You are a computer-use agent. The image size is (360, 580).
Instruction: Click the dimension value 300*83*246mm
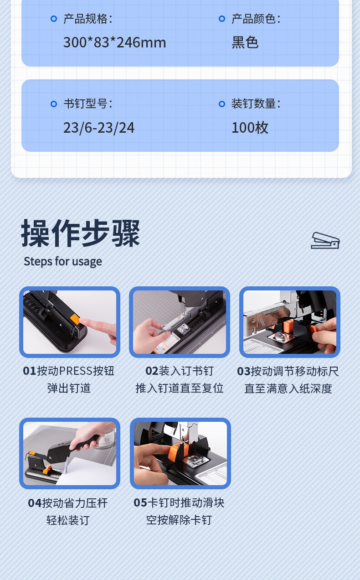tap(115, 42)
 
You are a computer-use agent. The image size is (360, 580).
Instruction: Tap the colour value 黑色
tap(245, 42)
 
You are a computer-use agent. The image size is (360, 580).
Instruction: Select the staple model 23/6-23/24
tap(99, 128)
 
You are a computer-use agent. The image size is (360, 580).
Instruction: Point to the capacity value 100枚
tap(250, 128)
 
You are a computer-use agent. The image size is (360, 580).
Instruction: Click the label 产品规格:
tap(88, 19)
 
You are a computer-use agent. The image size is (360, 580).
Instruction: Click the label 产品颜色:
tap(256, 19)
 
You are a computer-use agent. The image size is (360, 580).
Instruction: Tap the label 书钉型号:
tap(88, 104)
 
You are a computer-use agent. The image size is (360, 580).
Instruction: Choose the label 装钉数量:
tap(256, 104)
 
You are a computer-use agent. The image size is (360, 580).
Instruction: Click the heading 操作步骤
tap(81, 233)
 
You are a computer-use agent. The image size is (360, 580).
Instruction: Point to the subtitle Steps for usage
tap(63, 262)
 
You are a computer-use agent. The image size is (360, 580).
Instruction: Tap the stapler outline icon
tap(325, 241)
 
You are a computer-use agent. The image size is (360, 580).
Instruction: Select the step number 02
tap(152, 371)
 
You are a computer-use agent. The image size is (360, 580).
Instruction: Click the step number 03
tap(244, 371)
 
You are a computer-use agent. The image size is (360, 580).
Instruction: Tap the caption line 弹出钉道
tap(69, 388)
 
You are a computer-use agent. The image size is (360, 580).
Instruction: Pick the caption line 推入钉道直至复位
tap(180, 388)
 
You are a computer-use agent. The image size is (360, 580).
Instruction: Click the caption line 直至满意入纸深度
tap(288, 388)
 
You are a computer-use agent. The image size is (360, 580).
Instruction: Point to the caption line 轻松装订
tap(68, 520)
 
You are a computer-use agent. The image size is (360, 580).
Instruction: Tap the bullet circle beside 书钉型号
tap(54, 104)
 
